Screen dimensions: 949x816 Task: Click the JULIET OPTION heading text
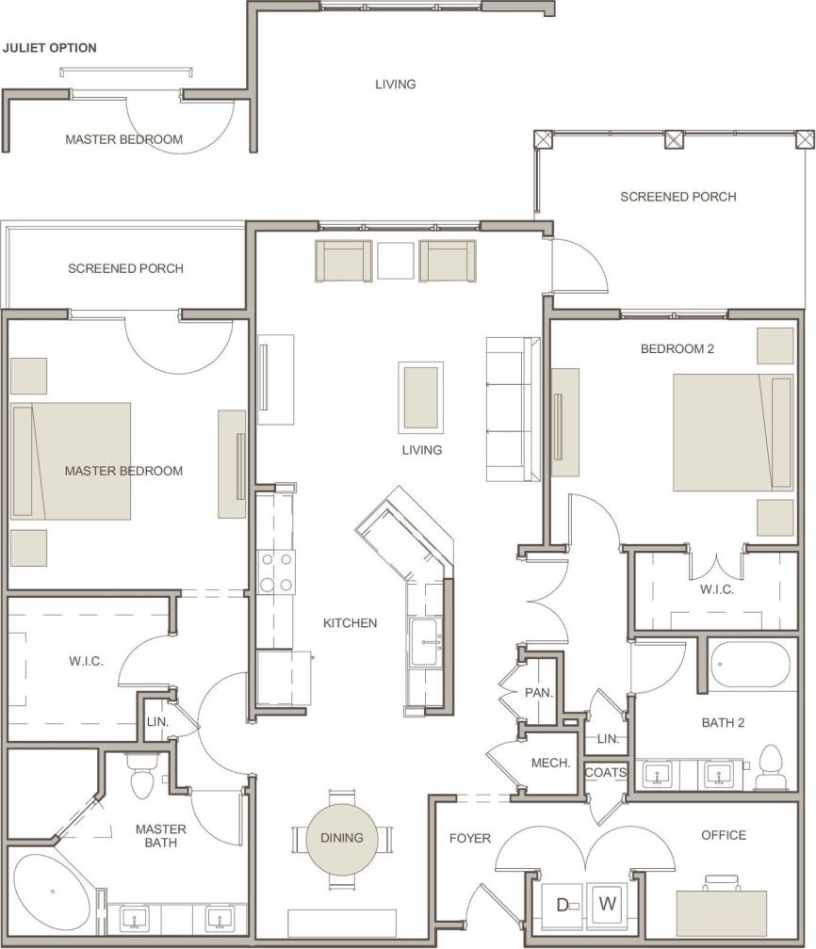point(50,48)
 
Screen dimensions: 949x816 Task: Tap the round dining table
point(341,837)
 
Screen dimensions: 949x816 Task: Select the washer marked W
point(608,905)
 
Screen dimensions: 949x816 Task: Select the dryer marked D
point(562,906)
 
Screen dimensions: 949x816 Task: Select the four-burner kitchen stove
point(275,571)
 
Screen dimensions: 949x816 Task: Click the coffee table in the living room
point(420,396)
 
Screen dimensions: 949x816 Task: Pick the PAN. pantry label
point(538,693)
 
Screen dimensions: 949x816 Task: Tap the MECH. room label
point(551,763)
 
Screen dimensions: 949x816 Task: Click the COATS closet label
point(605,772)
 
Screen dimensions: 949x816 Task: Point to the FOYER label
point(469,838)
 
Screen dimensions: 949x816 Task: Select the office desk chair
point(722,881)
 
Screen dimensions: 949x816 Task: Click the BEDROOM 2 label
point(677,348)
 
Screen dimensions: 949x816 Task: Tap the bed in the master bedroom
point(72,461)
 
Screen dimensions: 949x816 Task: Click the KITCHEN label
point(350,622)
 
